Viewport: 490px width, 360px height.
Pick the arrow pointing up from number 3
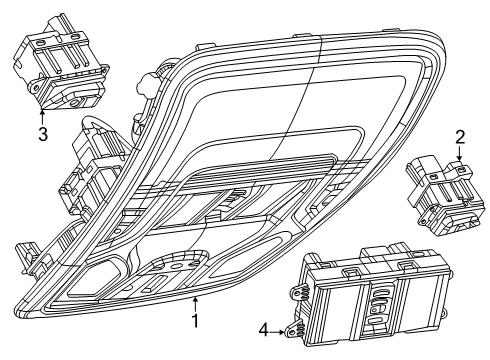point(42,113)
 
